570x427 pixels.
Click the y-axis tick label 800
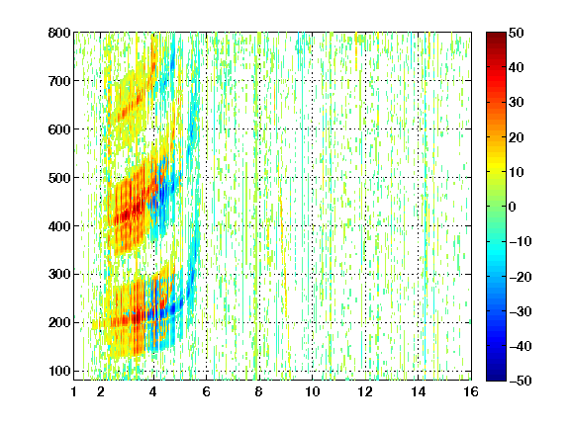click(59, 33)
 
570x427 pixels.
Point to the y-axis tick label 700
click(59, 81)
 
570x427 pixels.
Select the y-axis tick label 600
click(59, 129)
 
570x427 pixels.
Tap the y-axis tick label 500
click(59, 178)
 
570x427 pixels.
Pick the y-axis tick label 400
click(59, 226)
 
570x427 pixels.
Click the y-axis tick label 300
click(59, 274)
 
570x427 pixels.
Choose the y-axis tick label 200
click(59, 322)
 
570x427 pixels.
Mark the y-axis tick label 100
click(59, 371)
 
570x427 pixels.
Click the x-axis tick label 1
click(74, 391)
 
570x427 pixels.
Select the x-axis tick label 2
click(101, 391)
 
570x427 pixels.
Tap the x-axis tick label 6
click(206, 391)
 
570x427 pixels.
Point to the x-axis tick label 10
click(313, 391)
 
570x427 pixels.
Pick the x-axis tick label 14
click(419, 391)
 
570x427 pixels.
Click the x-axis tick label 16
click(471, 391)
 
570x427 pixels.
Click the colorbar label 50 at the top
click(517, 33)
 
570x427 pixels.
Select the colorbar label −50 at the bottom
click(521, 381)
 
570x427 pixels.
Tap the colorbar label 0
click(513, 207)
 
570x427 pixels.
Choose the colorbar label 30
click(517, 103)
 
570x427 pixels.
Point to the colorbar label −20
click(521, 277)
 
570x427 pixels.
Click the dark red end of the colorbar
click(496, 36)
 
